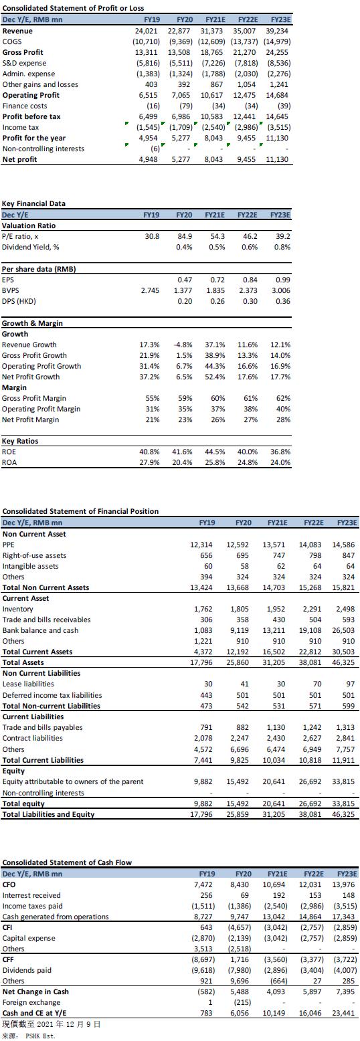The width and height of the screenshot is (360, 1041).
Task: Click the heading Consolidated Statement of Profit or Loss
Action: [x=73, y=9]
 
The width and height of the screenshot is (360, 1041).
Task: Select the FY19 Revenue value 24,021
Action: [x=146, y=31]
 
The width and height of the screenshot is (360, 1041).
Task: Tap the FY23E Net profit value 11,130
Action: [x=277, y=159]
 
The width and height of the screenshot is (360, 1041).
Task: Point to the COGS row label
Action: [x=12, y=42]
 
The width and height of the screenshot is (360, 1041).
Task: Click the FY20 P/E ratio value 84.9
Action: [x=185, y=237]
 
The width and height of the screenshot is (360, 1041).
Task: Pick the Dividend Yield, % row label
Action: [x=31, y=248]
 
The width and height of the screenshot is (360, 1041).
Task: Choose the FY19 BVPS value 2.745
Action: [x=150, y=290]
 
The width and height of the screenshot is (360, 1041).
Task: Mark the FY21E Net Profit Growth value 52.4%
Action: [x=215, y=377]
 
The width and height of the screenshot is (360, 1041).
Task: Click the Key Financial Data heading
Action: [x=33, y=203]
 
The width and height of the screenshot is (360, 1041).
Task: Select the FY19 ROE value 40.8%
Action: [x=149, y=452]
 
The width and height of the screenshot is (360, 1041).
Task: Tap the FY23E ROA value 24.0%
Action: [x=280, y=462]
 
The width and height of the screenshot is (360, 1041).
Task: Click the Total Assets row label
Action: [x=23, y=662]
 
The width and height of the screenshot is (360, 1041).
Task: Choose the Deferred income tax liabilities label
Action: [x=52, y=694]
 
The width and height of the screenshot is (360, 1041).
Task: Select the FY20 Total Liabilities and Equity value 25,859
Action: [x=238, y=814]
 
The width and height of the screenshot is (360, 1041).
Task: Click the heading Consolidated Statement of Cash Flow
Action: [x=67, y=862]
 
